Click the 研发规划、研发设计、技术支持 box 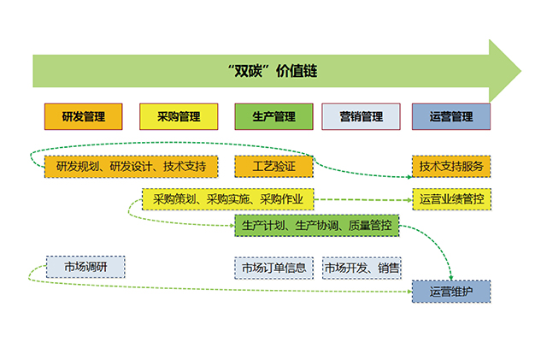[131, 166]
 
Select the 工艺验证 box [274, 166]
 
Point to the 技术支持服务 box [451, 166]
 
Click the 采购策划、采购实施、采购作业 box [228, 200]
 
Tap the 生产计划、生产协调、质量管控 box [317, 227]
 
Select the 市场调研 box [85, 268]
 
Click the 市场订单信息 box [273, 268]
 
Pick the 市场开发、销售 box [362, 268]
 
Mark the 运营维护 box [451, 292]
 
